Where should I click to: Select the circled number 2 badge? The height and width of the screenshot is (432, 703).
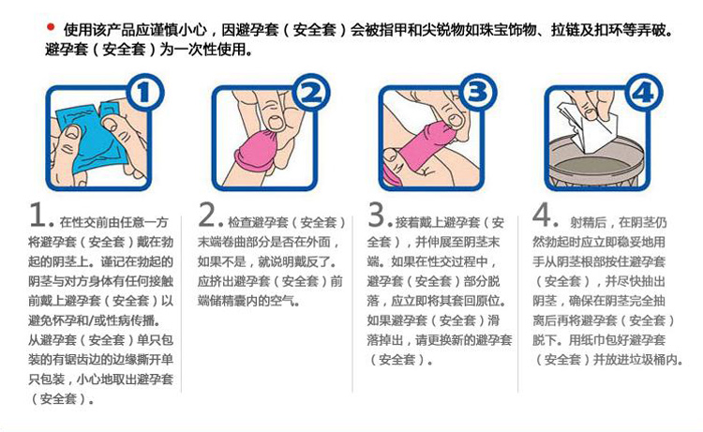[x=312, y=94]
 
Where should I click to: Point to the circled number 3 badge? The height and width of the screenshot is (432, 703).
[x=479, y=94]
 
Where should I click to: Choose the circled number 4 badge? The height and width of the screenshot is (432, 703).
[x=643, y=94]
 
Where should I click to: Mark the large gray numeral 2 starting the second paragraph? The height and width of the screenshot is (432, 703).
[x=207, y=216]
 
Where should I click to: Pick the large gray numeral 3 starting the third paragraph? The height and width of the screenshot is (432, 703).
[x=376, y=216]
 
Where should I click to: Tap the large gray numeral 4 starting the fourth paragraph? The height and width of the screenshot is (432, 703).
[x=543, y=216]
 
